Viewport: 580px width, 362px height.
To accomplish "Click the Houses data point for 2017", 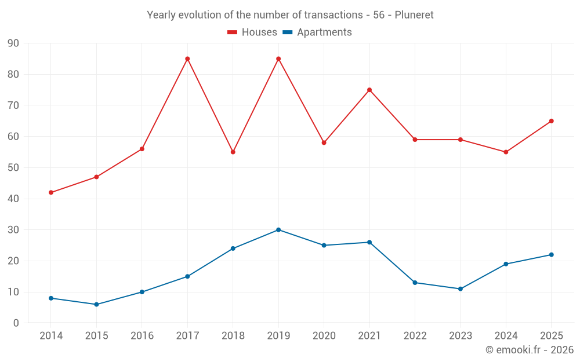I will coord(187,58).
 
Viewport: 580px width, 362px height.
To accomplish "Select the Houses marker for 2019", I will coord(278,58).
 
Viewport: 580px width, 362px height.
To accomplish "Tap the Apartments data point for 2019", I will coord(278,230).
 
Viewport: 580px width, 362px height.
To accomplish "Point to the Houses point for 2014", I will coord(51,192).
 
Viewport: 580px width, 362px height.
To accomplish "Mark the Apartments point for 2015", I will coord(96,305).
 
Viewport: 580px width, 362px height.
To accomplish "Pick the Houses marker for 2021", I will coord(369,90).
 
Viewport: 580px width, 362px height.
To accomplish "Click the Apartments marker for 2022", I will coord(415,283).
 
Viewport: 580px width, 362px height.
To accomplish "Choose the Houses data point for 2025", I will coord(552,121).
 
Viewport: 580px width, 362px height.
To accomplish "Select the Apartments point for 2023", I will coord(461,289).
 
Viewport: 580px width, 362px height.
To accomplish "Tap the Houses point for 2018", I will coord(233,152).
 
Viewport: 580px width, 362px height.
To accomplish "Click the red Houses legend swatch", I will coord(232,32).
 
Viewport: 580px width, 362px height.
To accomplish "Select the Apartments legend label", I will coord(324,32).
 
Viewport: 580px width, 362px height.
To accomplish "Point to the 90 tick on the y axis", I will coord(13,43).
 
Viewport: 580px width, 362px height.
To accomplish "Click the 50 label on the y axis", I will coord(13,168).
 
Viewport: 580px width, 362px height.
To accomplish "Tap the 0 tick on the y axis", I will coord(16,323).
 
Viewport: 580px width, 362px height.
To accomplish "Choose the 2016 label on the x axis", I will coord(142,336).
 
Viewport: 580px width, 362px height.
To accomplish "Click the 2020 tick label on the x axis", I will coord(324,336).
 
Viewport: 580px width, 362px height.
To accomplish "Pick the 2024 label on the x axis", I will coord(506,336).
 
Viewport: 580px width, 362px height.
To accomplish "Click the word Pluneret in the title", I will coord(414,15).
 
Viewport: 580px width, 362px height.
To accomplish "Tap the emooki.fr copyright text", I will coord(530,350).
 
